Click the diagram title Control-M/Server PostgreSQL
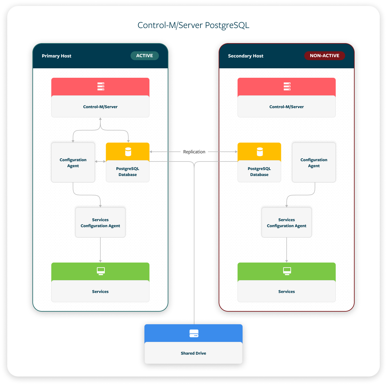pyautogui.click(x=193, y=25)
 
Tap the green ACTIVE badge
pyautogui.click(x=144, y=56)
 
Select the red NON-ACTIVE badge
pyautogui.click(x=324, y=56)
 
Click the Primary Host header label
pyautogui.click(x=57, y=56)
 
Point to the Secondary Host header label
pyautogui.click(x=245, y=56)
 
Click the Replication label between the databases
pyautogui.click(x=194, y=152)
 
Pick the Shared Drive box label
pyautogui.click(x=193, y=353)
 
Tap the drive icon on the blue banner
pyautogui.click(x=194, y=333)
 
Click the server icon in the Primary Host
pyautogui.click(x=101, y=87)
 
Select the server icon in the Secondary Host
pyautogui.click(x=287, y=87)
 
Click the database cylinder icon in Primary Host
pyautogui.click(x=128, y=152)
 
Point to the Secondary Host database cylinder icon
pyautogui.click(x=260, y=152)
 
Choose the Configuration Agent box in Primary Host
pyautogui.click(x=73, y=163)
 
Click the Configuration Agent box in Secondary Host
pyautogui.click(x=314, y=163)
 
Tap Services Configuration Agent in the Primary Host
pyautogui.click(x=100, y=223)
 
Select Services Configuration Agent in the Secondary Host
pyautogui.click(x=286, y=223)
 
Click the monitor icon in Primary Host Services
pyautogui.click(x=101, y=271)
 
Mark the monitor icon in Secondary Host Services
pyautogui.click(x=287, y=271)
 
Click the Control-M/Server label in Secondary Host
pyautogui.click(x=286, y=107)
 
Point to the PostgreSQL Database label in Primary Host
pyautogui.click(x=127, y=172)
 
